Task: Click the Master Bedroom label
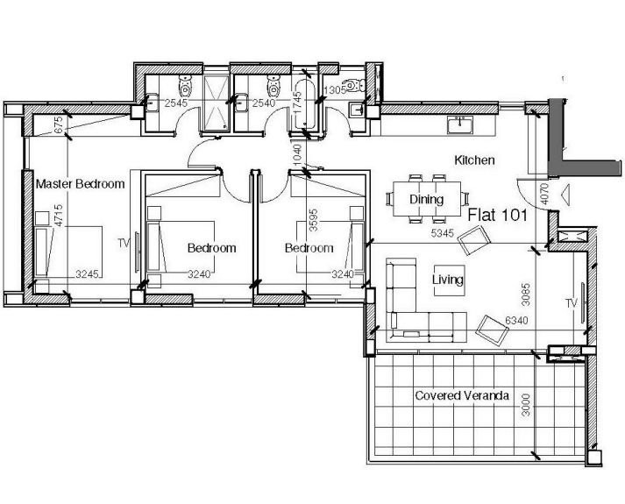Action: (x=80, y=184)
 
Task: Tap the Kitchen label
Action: (x=474, y=160)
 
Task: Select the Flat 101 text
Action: (x=497, y=215)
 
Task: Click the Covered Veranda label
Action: (x=462, y=395)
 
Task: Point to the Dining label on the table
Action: (x=427, y=199)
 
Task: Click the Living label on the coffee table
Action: (x=448, y=280)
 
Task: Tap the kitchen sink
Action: (x=460, y=124)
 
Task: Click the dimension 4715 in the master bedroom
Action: (x=59, y=216)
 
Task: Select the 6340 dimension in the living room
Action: (x=516, y=320)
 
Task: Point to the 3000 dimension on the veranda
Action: (x=526, y=405)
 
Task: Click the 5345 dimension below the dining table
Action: (x=443, y=233)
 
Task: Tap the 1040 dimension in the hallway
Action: (x=297, y=154)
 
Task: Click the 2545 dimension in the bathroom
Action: (x=176, y=103)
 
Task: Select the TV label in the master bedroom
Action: (x=124, y=243)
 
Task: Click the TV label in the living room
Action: (x=572, y=303)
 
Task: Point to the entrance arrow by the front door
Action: (x=565, y=195)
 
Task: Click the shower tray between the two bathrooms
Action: (x=217, y=103)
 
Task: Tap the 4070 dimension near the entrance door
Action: (x=544, y=194)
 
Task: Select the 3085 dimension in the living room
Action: (x=526, y=295)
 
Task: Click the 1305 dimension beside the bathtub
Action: (x=335, y=90)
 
